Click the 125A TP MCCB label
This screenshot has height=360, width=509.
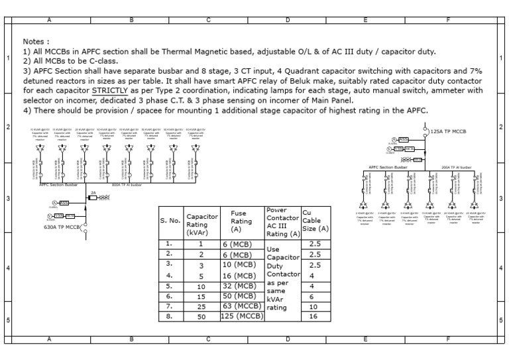click(448, 132)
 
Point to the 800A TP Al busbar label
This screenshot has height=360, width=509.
click(127, 186)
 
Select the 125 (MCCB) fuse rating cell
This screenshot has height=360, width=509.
click(243, 316)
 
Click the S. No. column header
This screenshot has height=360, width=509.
click(171, 221)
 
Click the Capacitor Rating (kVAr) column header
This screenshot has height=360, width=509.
click(201, 224)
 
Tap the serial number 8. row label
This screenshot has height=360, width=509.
click(170, 316)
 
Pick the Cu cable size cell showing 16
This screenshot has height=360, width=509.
click(315, 316)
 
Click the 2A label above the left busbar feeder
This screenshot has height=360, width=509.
click(93, 193)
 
